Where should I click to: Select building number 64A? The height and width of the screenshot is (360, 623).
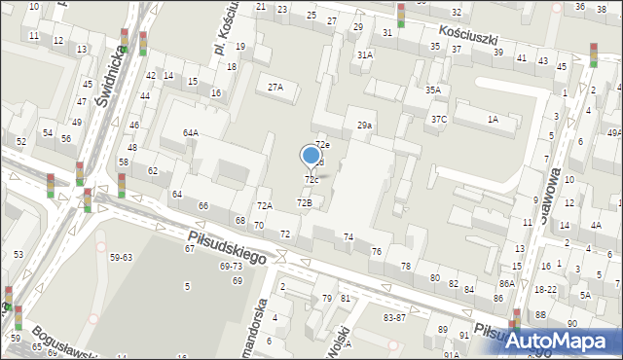point(191,132)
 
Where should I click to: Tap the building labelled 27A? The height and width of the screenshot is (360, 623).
point(275,88)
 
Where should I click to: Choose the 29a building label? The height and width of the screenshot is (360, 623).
point(364,126)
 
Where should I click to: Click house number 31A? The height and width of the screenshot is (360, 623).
point(364,55)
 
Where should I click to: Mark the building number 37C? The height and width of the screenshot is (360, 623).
point(439,120)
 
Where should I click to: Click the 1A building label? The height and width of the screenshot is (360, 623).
point(494,119)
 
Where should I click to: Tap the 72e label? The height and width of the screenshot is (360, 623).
point(322,145)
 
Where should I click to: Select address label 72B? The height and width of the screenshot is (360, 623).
point(305,202)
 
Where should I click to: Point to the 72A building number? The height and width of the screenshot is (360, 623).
point(264,205)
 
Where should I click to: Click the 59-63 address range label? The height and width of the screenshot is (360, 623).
point(122,258)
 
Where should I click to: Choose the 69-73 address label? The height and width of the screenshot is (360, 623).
point(232,266)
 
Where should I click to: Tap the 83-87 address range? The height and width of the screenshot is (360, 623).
point(394,317)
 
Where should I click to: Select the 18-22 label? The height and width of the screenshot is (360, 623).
point(545,290)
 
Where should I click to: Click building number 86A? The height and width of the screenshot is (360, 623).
point(507,283)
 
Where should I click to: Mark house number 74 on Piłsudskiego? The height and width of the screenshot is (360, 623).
point(348,237)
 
